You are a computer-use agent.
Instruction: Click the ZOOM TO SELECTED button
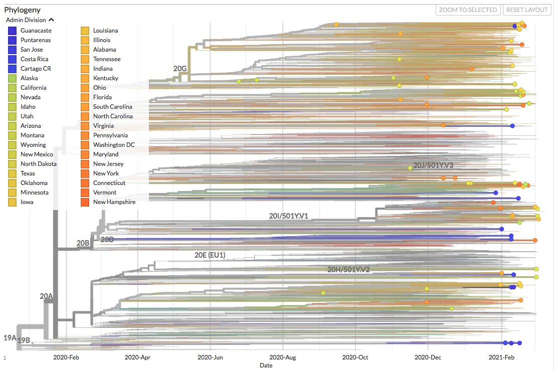pyautogui.click(x=468, y=10)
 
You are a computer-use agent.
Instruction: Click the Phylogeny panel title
pyautogui.click(x=22, y=10)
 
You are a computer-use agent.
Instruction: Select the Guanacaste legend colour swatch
pyautogui.click(x=13, y=31)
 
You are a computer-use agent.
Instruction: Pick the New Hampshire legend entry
pyautogui.click(x=108, y=202)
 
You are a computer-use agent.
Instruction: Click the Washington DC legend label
pyautogui.click(x=114, y=145)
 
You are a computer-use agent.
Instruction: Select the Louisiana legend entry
pyautogui.click(x=100, y=31)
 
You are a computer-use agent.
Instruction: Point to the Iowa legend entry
pyautogui.click(x=21, y=202)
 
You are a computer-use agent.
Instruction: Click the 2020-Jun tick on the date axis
pyautogui.click(x=210, y=357)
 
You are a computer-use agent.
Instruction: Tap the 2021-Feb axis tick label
pyautogui.click(x=501, y=357)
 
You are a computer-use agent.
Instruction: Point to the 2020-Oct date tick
pyautogui.click(x=355, y=357)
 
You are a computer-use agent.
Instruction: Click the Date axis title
pyautogui.click(x=266, y=365)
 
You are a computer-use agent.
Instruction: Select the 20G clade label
pyautogui.click(x=180, y=68)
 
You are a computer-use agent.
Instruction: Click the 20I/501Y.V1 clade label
pyautogui.click(x=288, y=216)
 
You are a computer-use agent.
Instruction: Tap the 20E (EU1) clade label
pyautogui.click(x=210, y=255)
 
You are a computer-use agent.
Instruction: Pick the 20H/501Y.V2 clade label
pyautogui.click(x=348, y=270)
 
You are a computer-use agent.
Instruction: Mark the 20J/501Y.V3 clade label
pyautogui.click(x=433, y=165)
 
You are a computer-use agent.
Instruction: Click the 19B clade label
pyautogui.click(x=24, y=340)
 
